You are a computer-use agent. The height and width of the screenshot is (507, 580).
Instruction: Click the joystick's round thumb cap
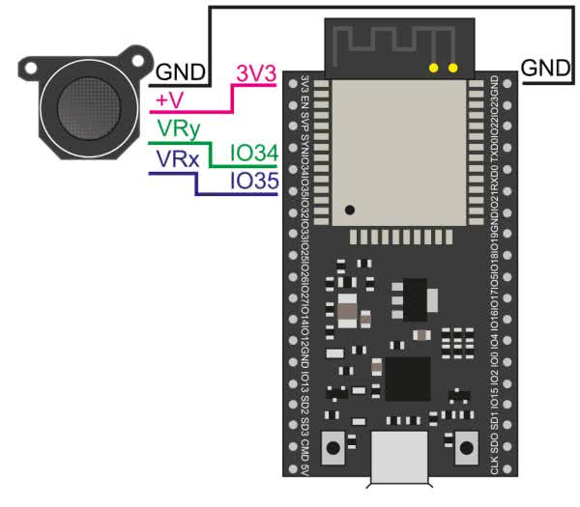click(x=81, y=107)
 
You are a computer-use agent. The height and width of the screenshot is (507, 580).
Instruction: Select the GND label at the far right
click(x=544, y=68)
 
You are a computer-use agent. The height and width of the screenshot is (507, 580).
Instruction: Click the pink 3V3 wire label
click(x=256, y=71)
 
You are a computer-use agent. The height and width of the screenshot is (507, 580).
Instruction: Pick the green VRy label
click(x=180, y=128)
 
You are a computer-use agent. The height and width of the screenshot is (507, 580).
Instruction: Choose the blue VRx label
click(x=179, y=158)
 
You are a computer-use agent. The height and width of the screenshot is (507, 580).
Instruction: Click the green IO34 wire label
click(x=254, y=154)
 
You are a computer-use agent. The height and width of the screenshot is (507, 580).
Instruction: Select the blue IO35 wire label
click(x=254, y=181)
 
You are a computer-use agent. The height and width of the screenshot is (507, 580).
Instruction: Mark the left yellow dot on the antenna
click(x=433, y=68)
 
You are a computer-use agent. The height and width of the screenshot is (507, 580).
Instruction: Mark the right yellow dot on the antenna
click(x=451, y=68)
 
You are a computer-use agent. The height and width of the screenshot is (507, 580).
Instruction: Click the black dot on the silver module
click(x=350, y=210)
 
